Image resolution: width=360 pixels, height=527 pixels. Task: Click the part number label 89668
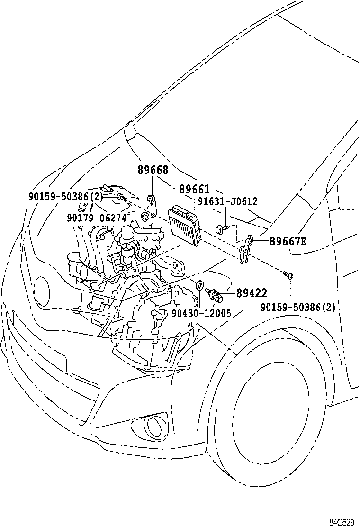pyautogui.click(x=153, y=171)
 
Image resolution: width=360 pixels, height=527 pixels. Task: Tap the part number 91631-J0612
pyautogui.click(x=228, y=201)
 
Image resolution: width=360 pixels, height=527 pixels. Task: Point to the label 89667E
pyautogui.click(x=288, y=242)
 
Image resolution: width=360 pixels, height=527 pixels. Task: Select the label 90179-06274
pyautogui.click(x=96, y=218)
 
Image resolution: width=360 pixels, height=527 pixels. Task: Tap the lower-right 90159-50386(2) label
pyautogui.click(x=298, y=307)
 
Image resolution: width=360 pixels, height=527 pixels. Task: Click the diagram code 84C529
pyautogui.click(x=342, y=522)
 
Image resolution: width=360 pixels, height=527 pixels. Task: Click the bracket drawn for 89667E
pyautogui.click(x=246, y=250)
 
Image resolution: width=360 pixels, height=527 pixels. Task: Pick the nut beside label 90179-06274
pyautogui.click(x=145, y=218)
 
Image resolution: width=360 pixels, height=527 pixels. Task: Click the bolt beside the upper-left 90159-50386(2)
pyautogui.click(x=122, y=198)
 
